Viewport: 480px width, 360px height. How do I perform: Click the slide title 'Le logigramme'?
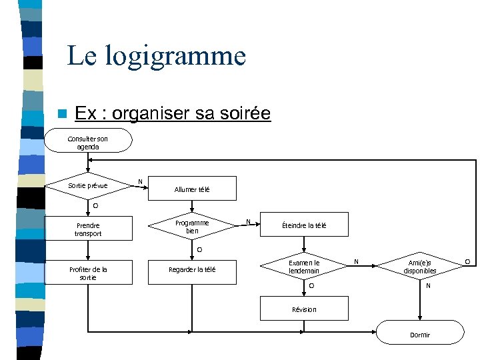coord(156,56)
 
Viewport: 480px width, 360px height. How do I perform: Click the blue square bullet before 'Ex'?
coord(62,114)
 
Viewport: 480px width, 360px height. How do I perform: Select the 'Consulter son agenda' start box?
coord(88,142)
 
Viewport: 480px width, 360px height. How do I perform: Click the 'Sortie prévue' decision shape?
coord(88,185)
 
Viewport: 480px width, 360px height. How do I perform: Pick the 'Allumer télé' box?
coord(192,189)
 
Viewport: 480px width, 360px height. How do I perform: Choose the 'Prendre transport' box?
coord(88,229)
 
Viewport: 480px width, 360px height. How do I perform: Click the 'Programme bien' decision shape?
coord(192,227)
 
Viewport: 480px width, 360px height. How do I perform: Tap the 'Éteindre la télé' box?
coord(304,226)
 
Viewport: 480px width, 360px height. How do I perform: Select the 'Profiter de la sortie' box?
coord(88,273)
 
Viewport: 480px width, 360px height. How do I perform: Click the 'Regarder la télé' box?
coord(192,269)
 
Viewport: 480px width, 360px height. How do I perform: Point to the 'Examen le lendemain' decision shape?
coord(304,267)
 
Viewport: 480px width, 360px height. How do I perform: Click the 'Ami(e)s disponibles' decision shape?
coord(419,267)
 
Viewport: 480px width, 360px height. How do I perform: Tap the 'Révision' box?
coord(304,309)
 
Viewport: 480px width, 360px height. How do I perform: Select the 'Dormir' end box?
coord(420,335)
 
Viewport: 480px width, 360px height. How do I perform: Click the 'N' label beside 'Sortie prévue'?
coord(139,181)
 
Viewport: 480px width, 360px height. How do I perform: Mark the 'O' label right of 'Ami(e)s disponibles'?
coord(467,261)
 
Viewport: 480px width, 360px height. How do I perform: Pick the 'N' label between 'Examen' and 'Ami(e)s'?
coord(356,262)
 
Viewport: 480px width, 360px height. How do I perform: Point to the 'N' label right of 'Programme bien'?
coord(249,221)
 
